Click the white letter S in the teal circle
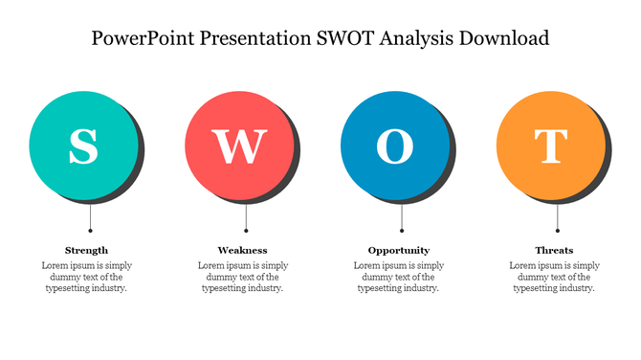84,146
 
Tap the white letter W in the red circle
239,146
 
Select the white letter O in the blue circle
395,146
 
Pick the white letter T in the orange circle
550,146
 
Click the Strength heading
86,250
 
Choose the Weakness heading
242,250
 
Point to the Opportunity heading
399,250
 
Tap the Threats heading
554,250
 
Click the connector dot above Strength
90,231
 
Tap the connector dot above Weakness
246,231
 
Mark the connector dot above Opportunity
402,231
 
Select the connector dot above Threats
557,231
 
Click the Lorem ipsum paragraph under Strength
86,277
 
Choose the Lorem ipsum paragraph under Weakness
242,277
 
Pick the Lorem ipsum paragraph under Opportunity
398,277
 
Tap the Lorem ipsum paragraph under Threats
554,277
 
